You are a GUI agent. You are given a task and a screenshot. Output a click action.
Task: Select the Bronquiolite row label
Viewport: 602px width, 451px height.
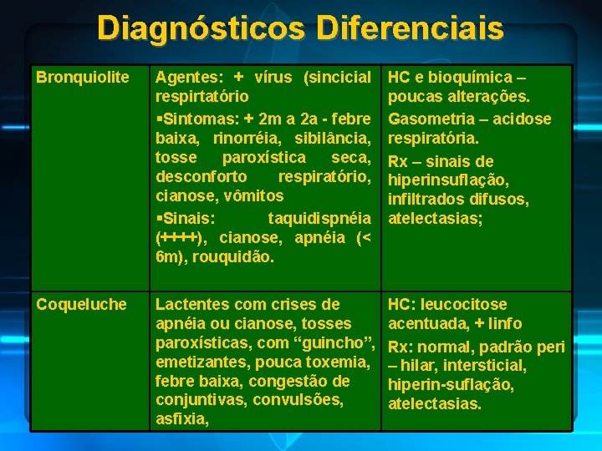[x=83, y=78]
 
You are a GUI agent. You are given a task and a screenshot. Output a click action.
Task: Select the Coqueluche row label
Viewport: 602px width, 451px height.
[x=81, y=305]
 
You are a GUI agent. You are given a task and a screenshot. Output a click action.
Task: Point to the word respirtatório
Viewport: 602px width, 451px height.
[x=201, y=97]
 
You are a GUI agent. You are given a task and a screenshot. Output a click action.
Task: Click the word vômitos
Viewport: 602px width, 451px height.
[x=252, y=196]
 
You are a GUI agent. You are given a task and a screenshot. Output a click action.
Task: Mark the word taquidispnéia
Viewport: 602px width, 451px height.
[x=319, y=218]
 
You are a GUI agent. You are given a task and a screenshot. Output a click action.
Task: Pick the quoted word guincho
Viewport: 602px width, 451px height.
[x=332, y=343]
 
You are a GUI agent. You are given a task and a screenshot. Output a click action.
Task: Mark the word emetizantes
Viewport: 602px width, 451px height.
[x=203, y=362]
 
